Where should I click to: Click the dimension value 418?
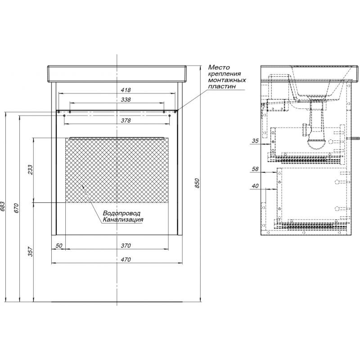point(126,90)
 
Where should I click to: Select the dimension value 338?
point(126,99)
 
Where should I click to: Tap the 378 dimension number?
point(126,120)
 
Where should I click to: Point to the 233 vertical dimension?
point(31,170)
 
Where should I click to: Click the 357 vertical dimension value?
point(31,252)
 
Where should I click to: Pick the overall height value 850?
point(197,183)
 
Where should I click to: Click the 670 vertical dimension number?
point(17,208)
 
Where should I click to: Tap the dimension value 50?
point(59,245)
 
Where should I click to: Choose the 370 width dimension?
point(126,245)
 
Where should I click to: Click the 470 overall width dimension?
point(126,260)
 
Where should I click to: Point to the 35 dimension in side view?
point(255,141)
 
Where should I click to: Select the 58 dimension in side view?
point(255,169)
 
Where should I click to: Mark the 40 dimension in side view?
point(255,186)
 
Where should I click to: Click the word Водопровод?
point(121,213)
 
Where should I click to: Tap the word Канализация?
point(123,220)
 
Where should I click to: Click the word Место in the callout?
point(219,67)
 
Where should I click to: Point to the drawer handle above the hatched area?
point(117,138)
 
